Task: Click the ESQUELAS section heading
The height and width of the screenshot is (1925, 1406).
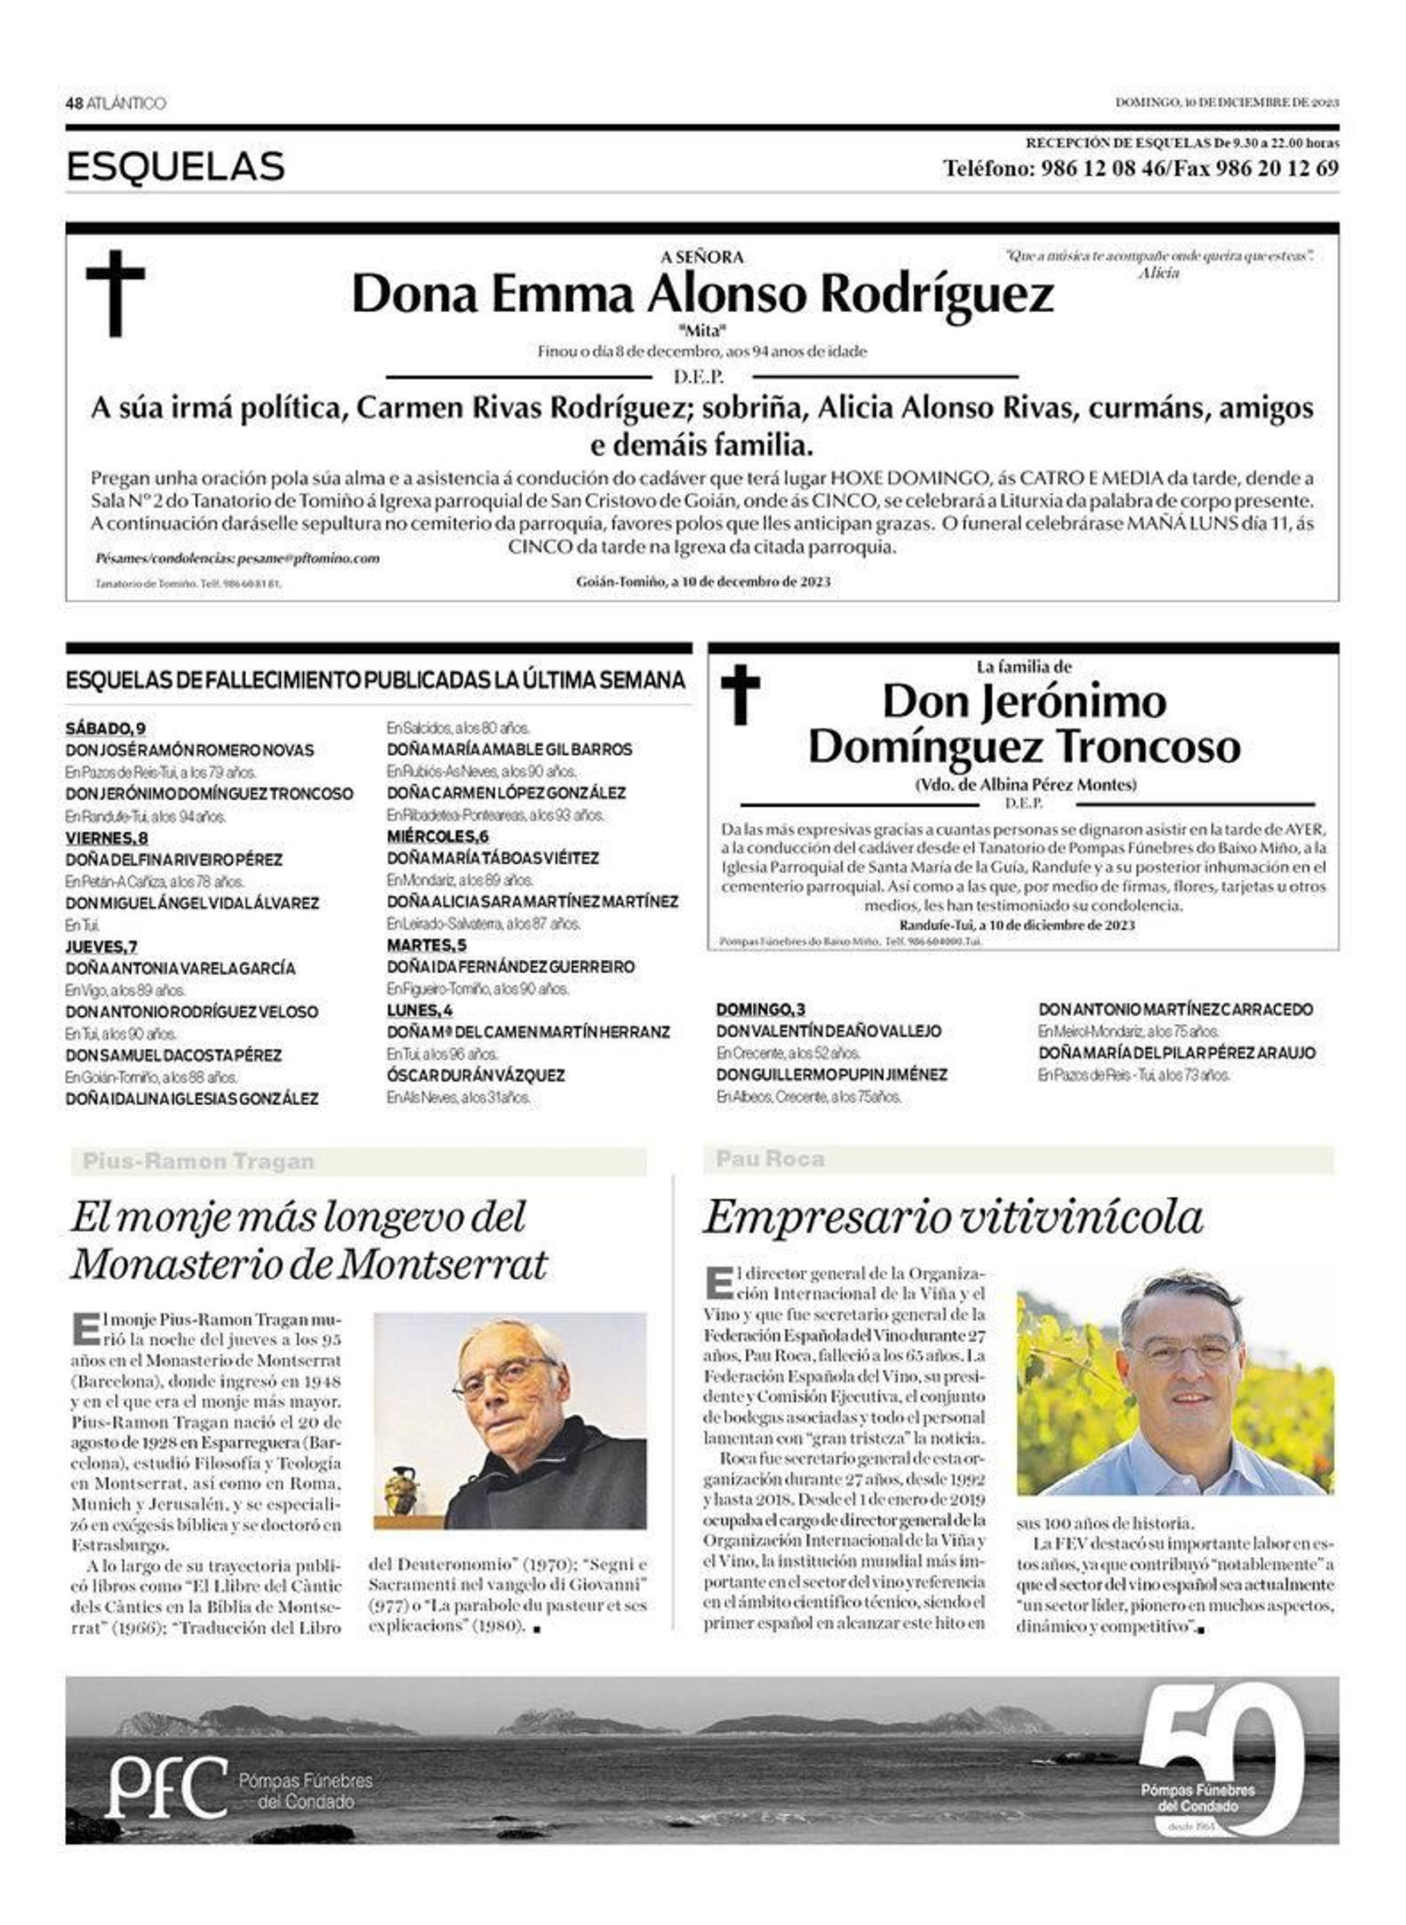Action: [x=176, y=166]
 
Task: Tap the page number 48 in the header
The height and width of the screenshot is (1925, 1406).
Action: [x=74, y=104]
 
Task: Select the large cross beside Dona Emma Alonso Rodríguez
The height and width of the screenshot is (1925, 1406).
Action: [x=115, y=293]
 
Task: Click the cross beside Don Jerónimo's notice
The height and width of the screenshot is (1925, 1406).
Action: [x=740, y=694]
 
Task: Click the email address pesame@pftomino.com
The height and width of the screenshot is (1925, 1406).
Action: [x=308, y=558]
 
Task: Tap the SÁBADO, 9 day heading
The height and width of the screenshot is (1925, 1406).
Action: [x=105, y=728]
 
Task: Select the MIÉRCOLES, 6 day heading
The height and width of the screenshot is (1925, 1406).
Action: [x=438, y=836]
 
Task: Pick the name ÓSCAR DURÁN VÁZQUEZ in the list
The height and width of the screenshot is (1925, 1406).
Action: [x=475, y=1075]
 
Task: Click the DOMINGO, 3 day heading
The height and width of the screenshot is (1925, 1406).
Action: [x=760, y=1009]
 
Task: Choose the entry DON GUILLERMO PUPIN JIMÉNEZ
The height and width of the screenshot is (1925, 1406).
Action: [x=831, y=1074]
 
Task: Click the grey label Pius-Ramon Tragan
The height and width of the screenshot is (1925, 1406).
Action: [x=198, y=1162]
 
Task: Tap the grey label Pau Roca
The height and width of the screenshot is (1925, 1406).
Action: [x=770, y=1159]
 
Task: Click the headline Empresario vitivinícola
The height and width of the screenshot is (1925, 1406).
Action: [x=953, y=1218]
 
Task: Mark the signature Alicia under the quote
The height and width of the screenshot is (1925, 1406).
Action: [x=1158, y=273]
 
